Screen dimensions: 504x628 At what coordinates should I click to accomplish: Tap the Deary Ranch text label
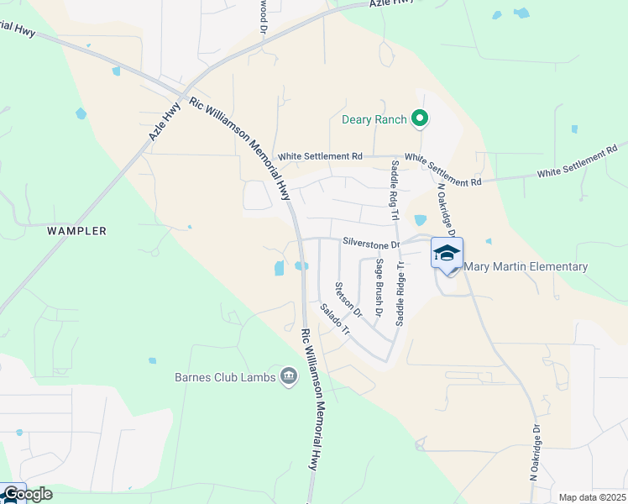(x=374, y=119)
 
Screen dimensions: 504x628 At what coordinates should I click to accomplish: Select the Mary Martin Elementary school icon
(x=447, y=253)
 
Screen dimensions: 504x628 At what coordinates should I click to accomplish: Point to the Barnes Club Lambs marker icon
(x=288, y=376)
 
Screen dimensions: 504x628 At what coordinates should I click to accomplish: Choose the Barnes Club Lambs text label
(x=225, y=377)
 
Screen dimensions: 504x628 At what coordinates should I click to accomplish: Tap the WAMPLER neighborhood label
(x=76, y=230)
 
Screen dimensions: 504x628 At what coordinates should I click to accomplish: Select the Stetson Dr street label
(x=348, y=300)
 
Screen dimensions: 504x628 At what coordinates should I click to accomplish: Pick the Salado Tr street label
(x=334, y=320)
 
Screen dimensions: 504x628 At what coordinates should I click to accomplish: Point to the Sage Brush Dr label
(x=379, y=287)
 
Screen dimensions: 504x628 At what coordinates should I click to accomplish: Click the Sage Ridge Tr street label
(x=400, y=293)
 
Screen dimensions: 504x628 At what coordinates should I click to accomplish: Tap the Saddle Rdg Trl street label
(x=393, y=193)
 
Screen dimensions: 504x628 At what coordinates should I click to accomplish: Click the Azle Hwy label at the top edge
(x=392, y=4)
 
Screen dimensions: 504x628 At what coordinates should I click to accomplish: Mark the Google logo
(x=27, y=494)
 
